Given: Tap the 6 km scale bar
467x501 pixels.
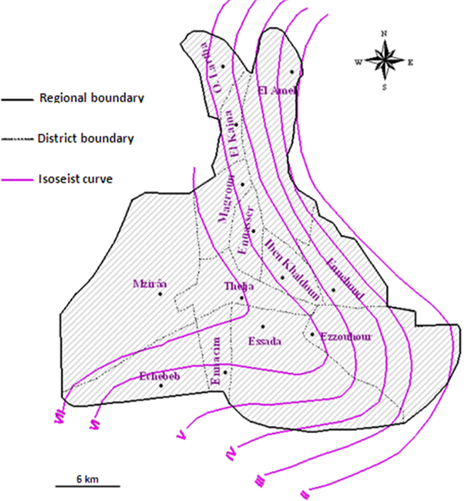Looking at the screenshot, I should point(86,485).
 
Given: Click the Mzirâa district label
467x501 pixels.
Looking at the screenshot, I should point(150,284).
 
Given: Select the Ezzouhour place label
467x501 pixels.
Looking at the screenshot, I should point(346,336).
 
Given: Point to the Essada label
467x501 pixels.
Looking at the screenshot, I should point(265,341).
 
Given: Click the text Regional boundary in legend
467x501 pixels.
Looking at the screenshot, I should point(92,98).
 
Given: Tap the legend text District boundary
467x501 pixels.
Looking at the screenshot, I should point(86,138).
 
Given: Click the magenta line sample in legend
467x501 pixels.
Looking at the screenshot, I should point(17,180).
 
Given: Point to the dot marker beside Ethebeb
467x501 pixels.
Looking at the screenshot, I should point(162,385).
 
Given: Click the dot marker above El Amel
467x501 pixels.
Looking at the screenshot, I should point(291,72).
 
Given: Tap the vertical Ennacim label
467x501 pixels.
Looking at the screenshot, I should point(218,362).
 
